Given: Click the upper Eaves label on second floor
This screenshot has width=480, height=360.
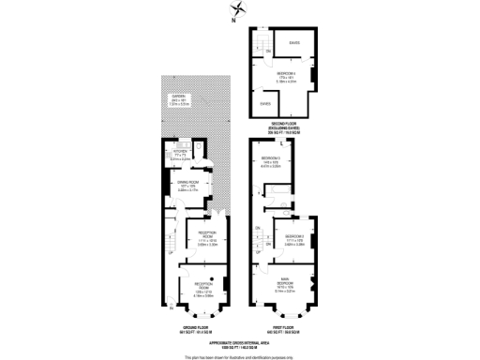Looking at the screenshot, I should click(x=294, y=42).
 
